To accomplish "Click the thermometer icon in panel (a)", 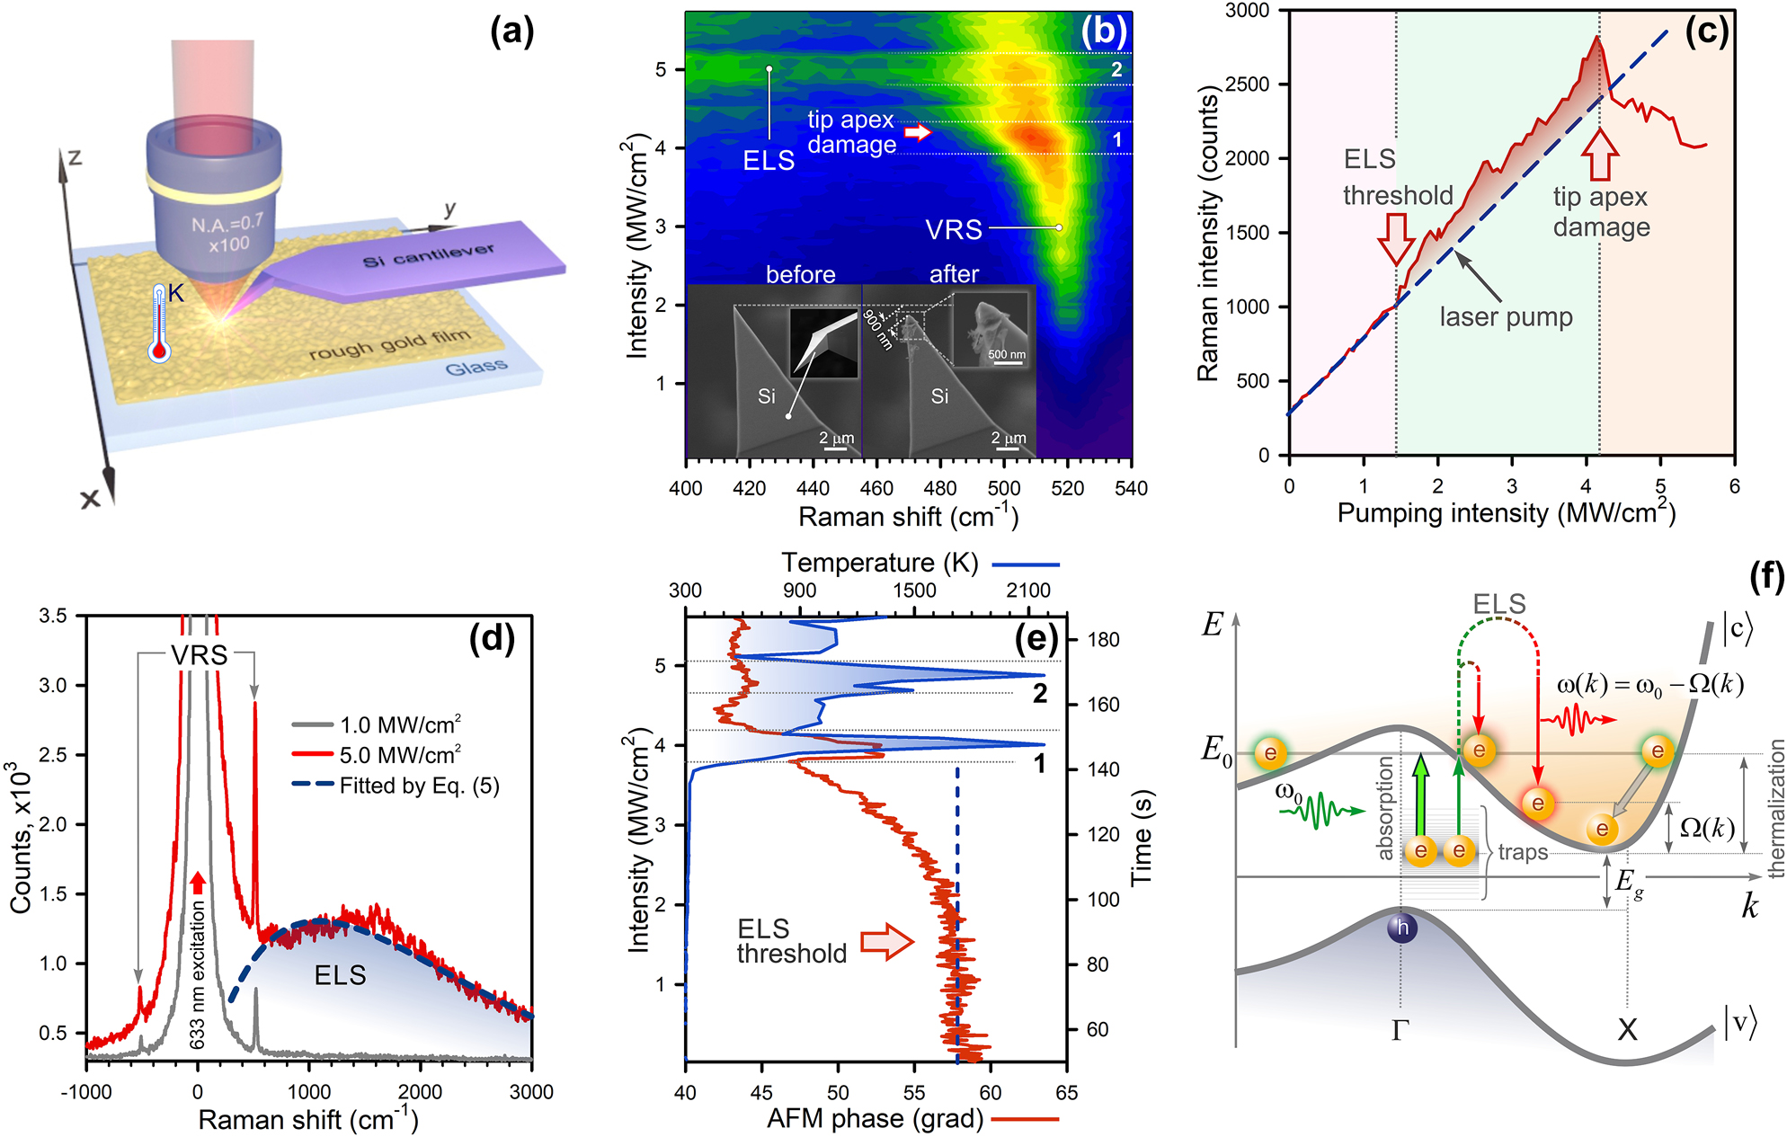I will pyautogui.click(x=159, y=324).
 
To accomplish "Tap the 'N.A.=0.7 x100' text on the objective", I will pyautogui.click(x=227, y=233).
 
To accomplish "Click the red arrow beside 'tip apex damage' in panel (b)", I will pyautogui.click(x=917, y=133).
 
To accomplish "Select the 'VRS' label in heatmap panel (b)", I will pyautogui.click(x=954, y=230).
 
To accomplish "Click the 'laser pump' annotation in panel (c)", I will pyautogui.click(x=1506, y=317).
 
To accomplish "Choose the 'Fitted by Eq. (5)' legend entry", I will pyautogui.click(x=419, y=786).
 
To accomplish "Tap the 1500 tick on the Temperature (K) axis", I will pyautogui.click(x=914, y=591).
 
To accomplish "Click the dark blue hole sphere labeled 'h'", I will pyautogui.click(x=1401, y=928).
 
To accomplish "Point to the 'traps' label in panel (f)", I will pyautogui.click(x=1523, y=852).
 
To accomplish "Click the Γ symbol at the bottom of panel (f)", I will pyautogui.click(x=1400, y=1031).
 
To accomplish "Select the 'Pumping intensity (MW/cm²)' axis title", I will pyautogui.click(x=1506, y=512).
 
